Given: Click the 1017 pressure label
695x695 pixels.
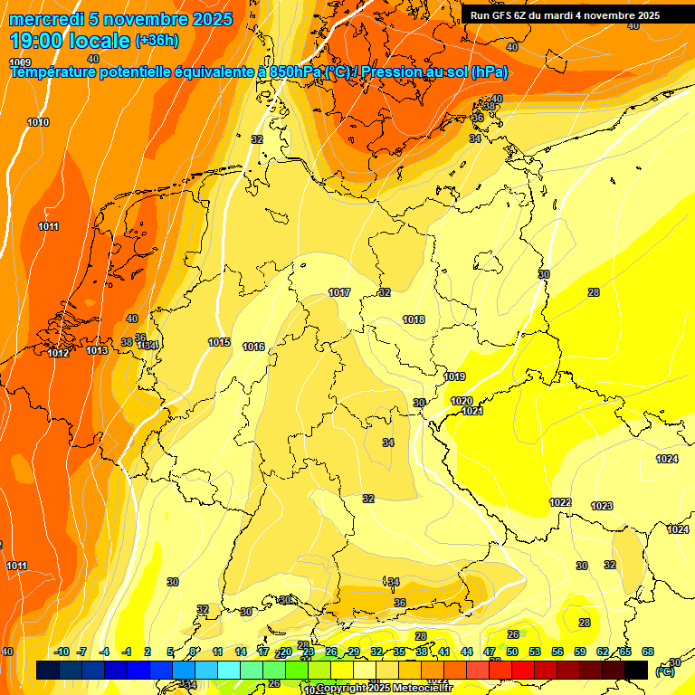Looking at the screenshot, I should [340, 292].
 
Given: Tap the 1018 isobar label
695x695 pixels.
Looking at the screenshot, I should [414, 319].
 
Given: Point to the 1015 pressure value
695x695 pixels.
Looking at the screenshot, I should [219, 342].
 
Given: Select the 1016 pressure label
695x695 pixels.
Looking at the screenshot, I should [253, 347].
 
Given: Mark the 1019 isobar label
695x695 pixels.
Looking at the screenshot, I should [455, 376].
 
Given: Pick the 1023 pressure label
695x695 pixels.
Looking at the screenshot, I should [602, 506].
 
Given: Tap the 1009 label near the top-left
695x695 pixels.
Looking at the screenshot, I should [20, 62].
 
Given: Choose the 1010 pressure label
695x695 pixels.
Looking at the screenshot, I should [38, 122].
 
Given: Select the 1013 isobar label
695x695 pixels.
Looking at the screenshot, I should [97, 350].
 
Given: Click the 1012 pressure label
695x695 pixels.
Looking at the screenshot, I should [58, 353].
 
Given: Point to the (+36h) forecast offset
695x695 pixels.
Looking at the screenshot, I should [157, 41].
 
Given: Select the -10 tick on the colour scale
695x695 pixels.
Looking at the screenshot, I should [62, 652].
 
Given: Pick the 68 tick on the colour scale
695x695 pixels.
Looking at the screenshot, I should [647, 652].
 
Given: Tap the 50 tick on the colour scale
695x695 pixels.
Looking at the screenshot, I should [512, 652].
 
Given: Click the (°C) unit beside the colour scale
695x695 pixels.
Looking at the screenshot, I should [664, 671].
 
